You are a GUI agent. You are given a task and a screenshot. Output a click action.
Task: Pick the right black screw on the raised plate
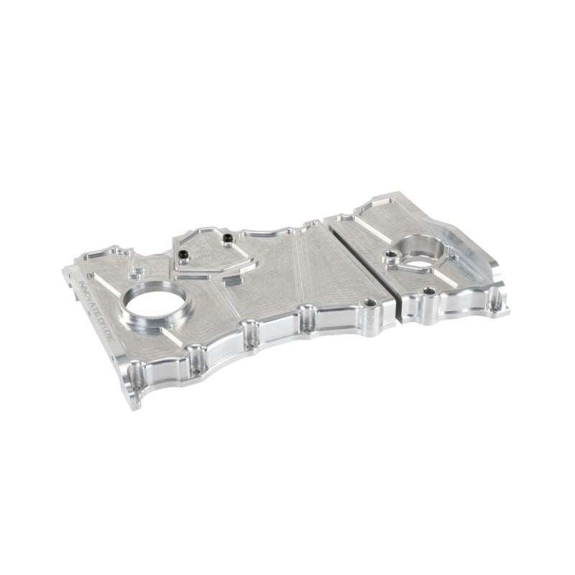(x=227, y=238)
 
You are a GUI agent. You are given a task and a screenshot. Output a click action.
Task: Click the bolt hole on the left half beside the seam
(x=370, y=304)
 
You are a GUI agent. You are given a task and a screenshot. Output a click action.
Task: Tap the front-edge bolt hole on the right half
(x=429, y=291)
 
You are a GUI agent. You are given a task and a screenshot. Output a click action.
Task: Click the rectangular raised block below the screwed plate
(x=240, y=280)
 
